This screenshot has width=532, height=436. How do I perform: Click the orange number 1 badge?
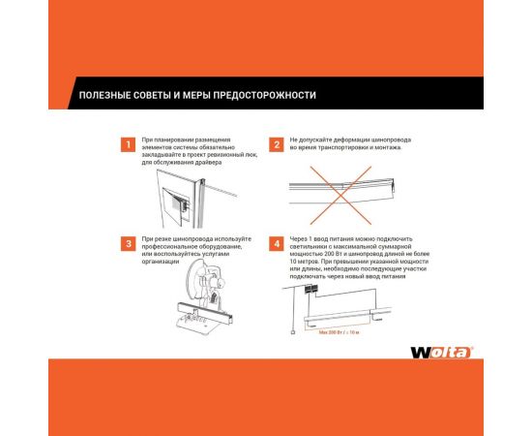[x=125, y=145]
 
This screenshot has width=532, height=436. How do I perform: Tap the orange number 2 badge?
[x=277, y=145]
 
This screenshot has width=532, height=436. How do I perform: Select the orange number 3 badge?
[x=125, y=243]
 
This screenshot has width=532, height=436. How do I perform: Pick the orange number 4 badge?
[x=277, y=243]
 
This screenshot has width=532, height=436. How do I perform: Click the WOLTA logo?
[x=442, y=351]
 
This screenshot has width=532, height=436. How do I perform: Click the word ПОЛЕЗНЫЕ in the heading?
[x=98, y=96]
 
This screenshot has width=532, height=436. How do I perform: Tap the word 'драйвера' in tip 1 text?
[x=206, y=162]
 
